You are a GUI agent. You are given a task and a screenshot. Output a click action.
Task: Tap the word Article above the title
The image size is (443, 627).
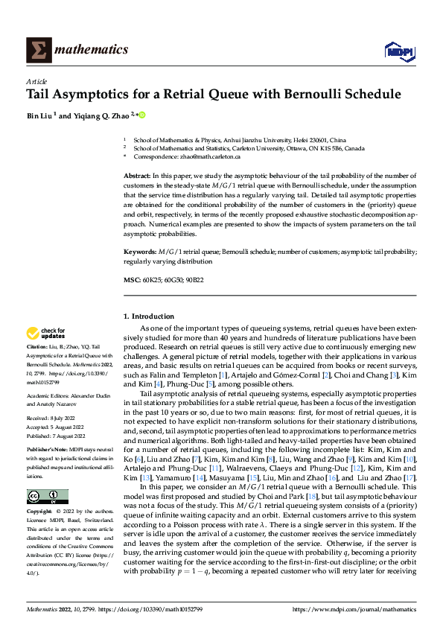coord(36,81)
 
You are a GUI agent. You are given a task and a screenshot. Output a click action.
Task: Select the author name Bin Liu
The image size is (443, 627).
coord(42,115)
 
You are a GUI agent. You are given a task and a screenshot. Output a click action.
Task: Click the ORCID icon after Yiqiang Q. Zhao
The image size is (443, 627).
coord(141,115)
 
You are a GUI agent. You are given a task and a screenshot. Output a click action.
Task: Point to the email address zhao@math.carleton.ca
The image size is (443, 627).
coord(208,157)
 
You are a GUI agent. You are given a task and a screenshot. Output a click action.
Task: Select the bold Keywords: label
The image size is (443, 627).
coord(139,253)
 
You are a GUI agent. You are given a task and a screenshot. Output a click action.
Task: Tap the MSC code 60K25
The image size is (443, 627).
coord(150,280)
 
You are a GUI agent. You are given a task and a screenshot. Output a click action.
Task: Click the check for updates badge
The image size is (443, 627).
coord(47,334)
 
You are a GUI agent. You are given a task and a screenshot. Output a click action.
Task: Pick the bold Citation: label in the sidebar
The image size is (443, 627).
coord(37,348)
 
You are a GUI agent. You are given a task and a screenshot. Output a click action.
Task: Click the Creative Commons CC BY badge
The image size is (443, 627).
coord(47,497)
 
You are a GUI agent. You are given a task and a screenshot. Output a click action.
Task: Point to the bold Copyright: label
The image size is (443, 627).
coord(39,513)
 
